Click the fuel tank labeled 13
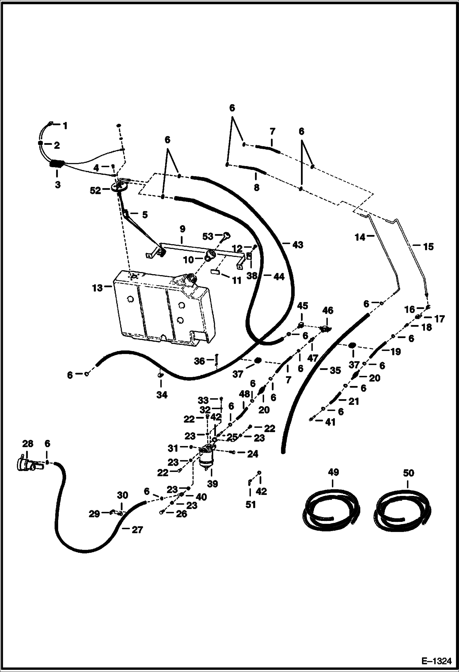click(162, 309)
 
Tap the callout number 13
click(97, 288)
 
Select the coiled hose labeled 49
click(331, 508)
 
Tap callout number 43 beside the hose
click(298, 245)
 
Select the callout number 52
click(95, 191)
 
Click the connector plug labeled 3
click(57, 164)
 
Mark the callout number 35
click(335, 370)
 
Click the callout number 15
click(428, 247)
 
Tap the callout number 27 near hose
click(137, 530)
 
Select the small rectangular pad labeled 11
click(216, 272)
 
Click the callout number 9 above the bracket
click(182, 229)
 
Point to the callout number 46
click(328, 311)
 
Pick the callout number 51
click(251, 504)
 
